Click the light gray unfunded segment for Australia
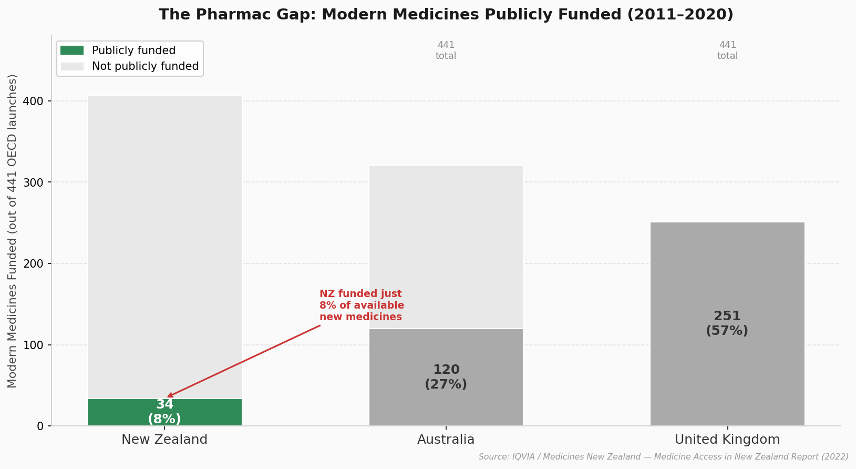[x=446, y=247]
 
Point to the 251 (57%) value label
[x=727, y=324]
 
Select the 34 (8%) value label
[x=164, y=412]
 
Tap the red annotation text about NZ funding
[x=362, y=305]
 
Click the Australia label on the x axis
[x=446, y=440]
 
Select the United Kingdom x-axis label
[x=727, y=440]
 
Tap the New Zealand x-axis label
[x=164, y=440]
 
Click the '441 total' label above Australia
[x=446, y=50]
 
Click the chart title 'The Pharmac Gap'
[x=446, y=15]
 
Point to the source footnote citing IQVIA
[x=663, y=457]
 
